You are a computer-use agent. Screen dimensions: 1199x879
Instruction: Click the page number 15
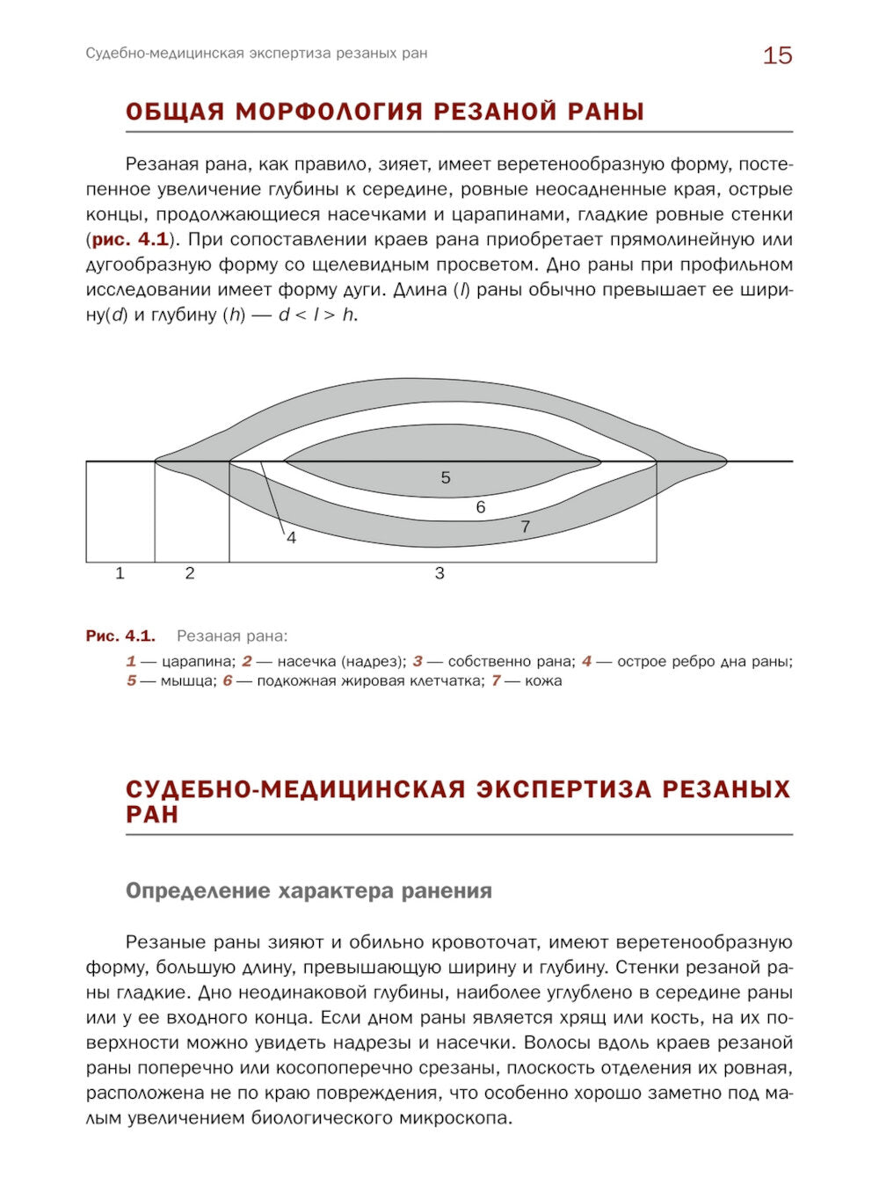click(x=777, y=55)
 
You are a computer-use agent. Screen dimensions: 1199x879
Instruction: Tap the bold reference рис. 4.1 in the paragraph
click(x=130, y=239)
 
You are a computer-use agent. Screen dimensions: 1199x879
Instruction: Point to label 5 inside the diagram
click(x=446, y=477)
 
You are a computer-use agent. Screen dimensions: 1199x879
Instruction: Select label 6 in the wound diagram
click(x=481, y=507)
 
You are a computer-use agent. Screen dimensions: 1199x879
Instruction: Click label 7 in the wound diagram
click(x=525, y=527)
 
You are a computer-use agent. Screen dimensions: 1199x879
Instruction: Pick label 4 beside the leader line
click(x=292, y=537)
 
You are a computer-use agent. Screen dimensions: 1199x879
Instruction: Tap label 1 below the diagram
click(x=120, y=573)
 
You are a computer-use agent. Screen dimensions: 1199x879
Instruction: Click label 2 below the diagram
click(x=190, y=573)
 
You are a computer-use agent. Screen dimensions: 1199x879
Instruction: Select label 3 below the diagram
click(x=439, y=573)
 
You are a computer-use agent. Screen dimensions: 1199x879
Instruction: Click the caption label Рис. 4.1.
click(x=120, y=636)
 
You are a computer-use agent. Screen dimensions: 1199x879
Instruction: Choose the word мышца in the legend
click(x=187, y=680)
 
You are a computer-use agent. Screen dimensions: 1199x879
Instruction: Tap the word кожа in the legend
click(x=543, y=680)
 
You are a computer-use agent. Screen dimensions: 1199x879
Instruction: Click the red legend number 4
click(x=586, y=661)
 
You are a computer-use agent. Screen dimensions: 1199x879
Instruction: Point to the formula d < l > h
click(x=317, y=315)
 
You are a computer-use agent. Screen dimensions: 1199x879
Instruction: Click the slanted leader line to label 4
click(x=272, y=498)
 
